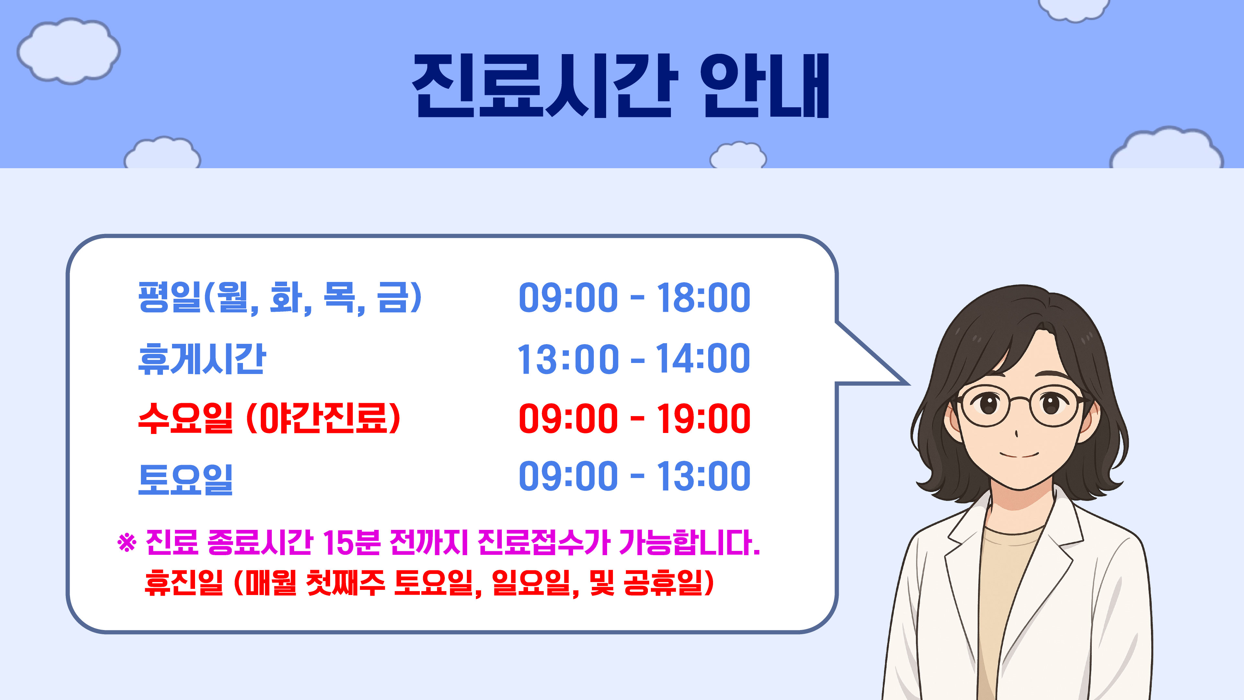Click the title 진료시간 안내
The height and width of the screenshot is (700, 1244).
[x=621, y=86]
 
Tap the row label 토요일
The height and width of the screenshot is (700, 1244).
[x=185, y=479]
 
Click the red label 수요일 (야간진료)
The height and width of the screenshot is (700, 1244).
[x=269, y=418]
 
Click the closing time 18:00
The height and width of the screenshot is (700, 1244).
[x=703, y=297]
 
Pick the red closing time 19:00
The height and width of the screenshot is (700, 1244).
[x=703, y=418]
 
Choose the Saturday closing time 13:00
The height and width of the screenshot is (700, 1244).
[x=703, y=476]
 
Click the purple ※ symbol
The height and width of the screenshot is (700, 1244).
[x=127, y=542]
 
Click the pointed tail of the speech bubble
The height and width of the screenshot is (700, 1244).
[x=908, y=384]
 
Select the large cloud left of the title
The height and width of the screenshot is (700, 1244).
[x=69, y=51]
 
